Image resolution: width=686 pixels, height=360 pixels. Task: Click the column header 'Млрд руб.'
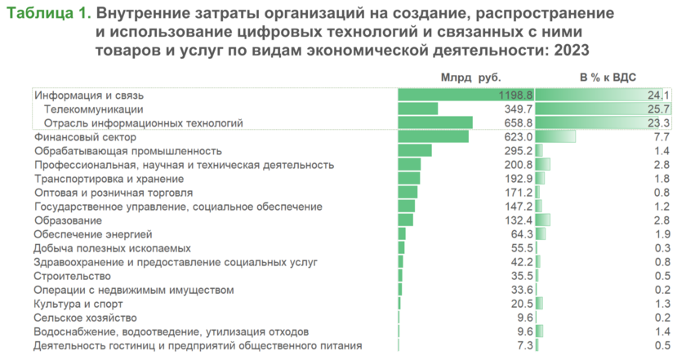pyautogui.click(x=470, y=78)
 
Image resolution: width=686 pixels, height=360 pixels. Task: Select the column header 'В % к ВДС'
pyautogui.click(x=608, y=78)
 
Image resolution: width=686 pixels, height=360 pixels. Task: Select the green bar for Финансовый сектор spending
pyautogui.click(x=433, y=136)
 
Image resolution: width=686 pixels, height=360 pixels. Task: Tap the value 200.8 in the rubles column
pyautogui.click(x=519, y=165)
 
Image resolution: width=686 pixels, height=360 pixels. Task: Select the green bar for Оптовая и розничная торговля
pyautogui.click(x=408, y=193)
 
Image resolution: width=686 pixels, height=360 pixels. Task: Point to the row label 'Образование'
pyautogui.click(x=68, y=220)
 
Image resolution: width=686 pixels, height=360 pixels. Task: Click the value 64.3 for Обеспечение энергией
pyautogui.click(x=521, y=234)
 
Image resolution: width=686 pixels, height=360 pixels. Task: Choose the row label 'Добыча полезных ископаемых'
pyautogui.click(x=112, y=248)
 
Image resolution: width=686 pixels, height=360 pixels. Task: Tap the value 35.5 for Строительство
pyautogui.click(x=521, y=276)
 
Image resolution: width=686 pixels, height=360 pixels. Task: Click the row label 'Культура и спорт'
pyautogui.click(x=78, y=304)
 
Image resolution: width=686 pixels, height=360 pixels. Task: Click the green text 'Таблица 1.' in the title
pyautogui.click(x=47, y=16)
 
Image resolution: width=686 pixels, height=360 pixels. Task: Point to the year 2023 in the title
pyautogui.click(x=571, y=51)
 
